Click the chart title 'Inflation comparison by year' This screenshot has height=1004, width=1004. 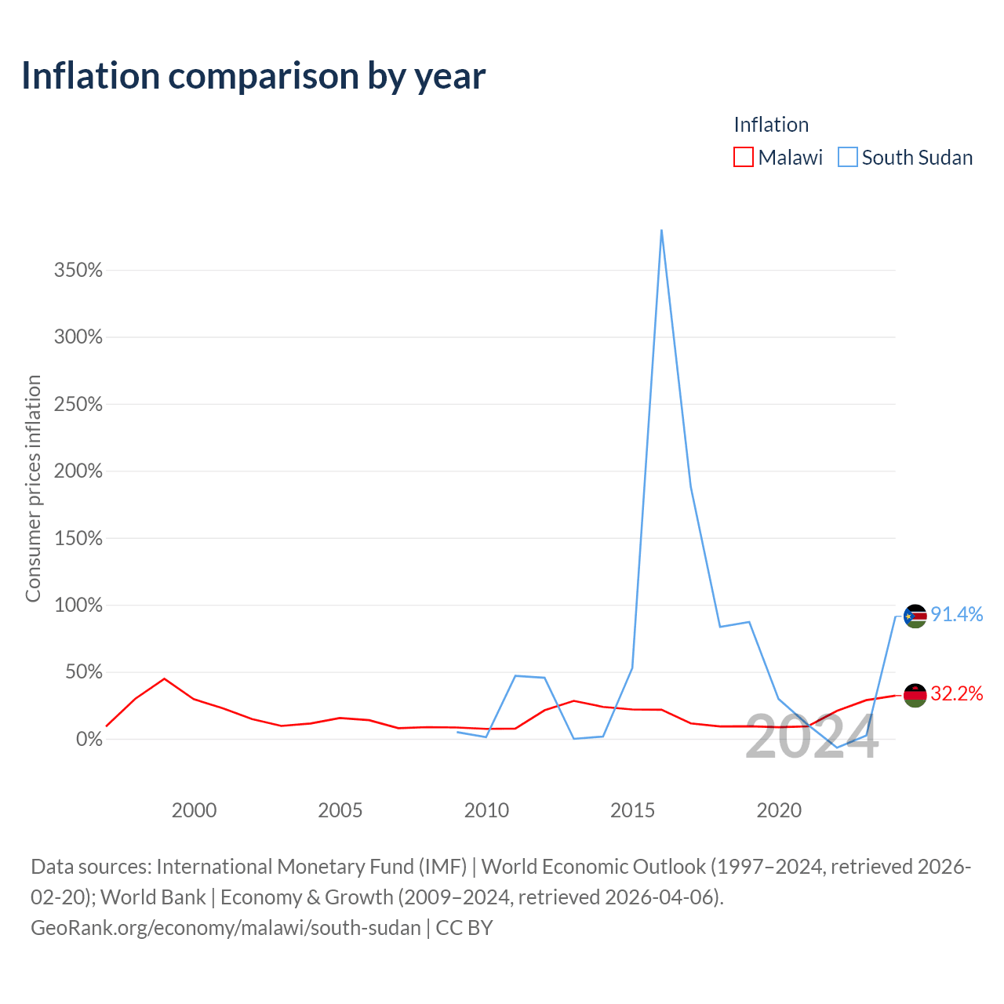pyautogui.click(x=253, y=77)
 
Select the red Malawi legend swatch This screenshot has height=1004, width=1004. pyautogui.click(x=743, y=157)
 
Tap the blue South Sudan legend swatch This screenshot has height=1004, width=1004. pyautogui.click(x=847, y=157)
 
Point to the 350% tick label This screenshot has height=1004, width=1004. pyautogui.click(x=78, y=270)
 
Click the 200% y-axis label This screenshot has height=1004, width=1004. pyautogui.click(x=78, y=471)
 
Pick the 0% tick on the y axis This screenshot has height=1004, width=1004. pyautogui.click(x=89, y=739)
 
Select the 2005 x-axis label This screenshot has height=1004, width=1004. pyautogui.click(x=340, y=810)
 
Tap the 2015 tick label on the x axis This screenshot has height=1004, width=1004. pyautogui.click(x=632, y=810)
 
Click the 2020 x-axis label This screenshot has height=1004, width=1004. pyautogui.click(x=778, y=810)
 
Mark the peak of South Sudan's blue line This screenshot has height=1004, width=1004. pyautogui.click(x=661, y=231)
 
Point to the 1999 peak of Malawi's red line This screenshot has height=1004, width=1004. pyautogui.click(x=164, y=678)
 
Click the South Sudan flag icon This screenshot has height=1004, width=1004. pyautogui.click(x=915, y=617)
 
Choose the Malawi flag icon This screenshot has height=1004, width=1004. pyautogui.click(x=915, y=696)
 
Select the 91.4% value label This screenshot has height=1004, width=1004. pyautogui.click(x=957, y=615)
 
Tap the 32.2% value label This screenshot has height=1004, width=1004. pyautogui.click(x=957, y=693)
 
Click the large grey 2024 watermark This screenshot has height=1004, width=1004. pyautogui.click(x=812, y=737)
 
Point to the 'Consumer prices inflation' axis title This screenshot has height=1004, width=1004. pyautogui.click(x=33, y=488)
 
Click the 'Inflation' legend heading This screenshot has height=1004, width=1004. pyautogui.click(x=771, y=125)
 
